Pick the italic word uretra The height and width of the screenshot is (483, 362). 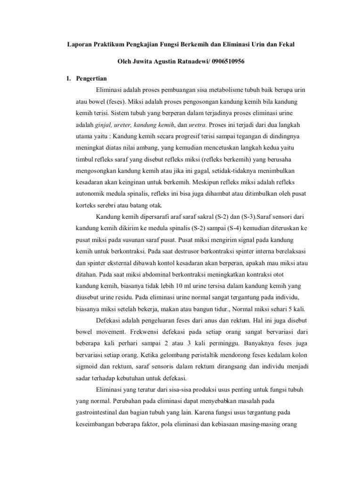click(197, 125)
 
